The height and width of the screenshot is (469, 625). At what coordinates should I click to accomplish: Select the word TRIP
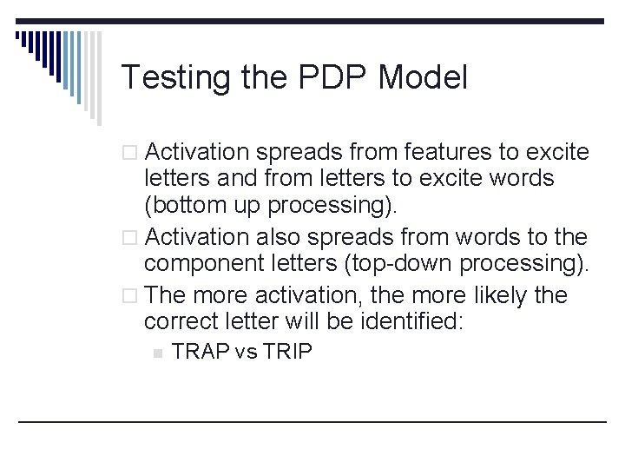click(x=285, y=352)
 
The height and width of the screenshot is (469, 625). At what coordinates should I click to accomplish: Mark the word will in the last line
click(x=298, y=322)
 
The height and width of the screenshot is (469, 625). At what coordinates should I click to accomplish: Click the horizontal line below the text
click(x=312, y=421)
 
